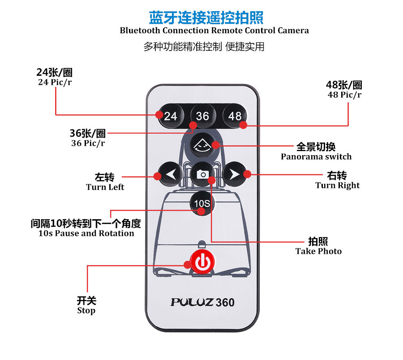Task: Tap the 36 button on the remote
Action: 202,116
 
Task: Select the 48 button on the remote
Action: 235,116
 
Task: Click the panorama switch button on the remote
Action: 202,145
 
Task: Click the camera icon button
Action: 202,174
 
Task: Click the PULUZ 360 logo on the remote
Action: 202,302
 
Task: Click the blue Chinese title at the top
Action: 206,17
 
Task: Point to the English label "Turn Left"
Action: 105,187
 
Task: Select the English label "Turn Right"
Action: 337,185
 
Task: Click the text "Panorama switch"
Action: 316,156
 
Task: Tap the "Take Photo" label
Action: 318,251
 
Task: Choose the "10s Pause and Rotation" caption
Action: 86,233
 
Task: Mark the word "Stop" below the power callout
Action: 86,310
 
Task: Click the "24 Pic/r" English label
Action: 55,82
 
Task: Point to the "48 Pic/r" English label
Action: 344,95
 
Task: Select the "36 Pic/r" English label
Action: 88,143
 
